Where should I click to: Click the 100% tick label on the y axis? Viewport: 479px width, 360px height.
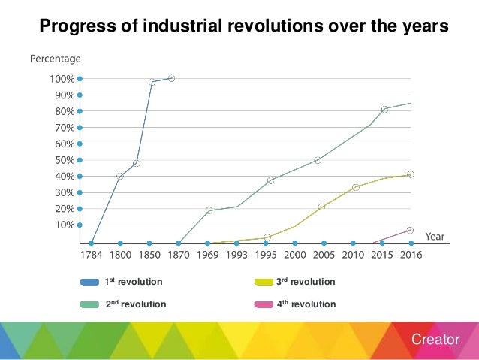62,79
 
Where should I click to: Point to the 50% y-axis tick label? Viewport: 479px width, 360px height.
64,160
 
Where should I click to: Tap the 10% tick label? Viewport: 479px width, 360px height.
64,225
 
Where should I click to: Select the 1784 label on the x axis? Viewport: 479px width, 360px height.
92,255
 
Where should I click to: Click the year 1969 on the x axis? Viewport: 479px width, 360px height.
208,255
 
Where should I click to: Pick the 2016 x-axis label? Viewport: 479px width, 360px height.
411,255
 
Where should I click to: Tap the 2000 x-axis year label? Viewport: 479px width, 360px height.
294,255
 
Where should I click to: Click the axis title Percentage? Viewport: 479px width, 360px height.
55,58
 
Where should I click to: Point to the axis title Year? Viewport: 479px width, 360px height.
435,236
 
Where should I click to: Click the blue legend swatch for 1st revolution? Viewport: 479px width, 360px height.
90,283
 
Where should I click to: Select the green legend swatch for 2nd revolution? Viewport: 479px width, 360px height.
90,304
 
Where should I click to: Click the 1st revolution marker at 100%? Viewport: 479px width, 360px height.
171,78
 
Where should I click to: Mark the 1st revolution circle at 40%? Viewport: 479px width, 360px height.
120,176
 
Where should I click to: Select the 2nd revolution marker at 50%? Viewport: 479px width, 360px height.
318,160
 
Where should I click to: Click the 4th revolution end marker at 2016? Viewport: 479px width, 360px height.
410,230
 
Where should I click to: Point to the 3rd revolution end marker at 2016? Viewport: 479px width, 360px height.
411,174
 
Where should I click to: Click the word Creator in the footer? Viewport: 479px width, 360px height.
435,340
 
